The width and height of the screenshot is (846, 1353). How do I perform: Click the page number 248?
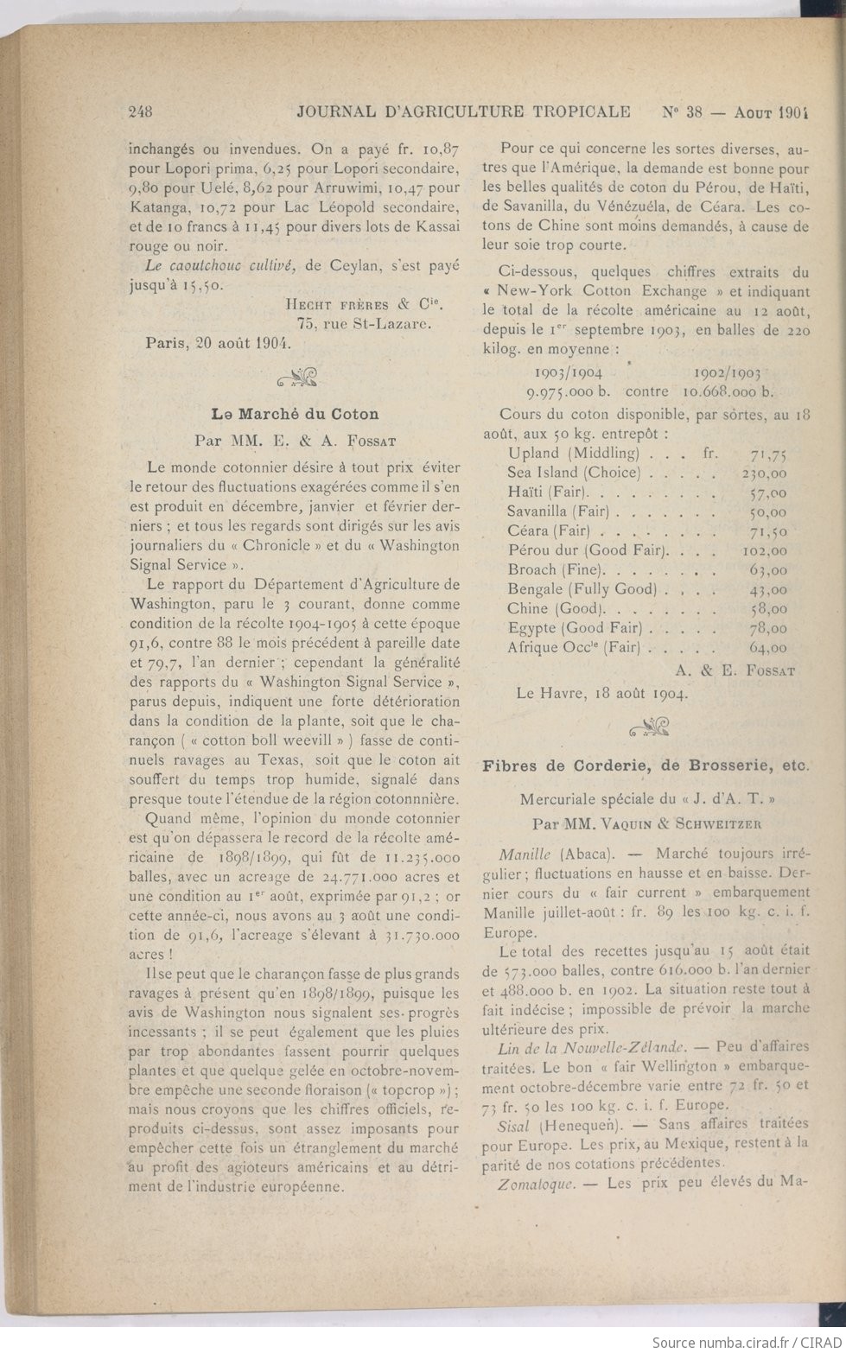click(140, 111)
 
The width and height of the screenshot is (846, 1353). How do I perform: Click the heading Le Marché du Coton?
click(296, 414)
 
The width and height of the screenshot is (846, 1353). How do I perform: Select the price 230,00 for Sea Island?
click(764, 473)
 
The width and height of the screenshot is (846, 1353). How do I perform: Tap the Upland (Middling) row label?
click(573, 453)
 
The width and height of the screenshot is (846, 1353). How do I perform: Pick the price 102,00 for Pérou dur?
click(764, 550)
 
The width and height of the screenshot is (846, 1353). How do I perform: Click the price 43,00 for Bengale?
click(767, 589)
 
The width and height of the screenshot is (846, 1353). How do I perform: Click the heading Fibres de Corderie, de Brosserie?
click(646, 765)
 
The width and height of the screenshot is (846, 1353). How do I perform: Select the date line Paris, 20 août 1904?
click(217, 341)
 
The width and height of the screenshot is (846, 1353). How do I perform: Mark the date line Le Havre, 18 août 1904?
click(601, 692)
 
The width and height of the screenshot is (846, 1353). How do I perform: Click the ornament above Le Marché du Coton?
click(297, 377)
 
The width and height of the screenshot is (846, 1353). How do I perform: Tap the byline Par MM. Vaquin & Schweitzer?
click(646, 823)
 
